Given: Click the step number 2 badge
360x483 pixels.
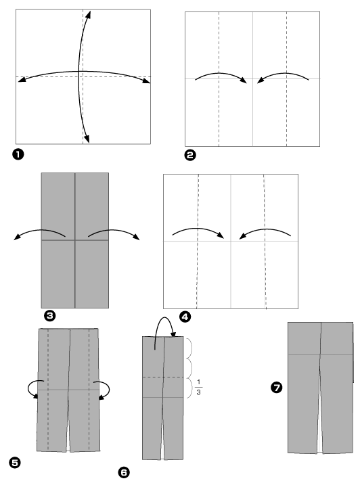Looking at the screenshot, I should tap(190, 156).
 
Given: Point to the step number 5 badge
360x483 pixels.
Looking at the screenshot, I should tap(14, 463).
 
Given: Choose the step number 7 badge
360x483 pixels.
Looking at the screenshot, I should tap(276, 388).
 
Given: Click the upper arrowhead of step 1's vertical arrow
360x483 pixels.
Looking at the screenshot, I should tap(91, 14).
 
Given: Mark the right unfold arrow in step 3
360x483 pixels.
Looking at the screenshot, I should tap(112, 232).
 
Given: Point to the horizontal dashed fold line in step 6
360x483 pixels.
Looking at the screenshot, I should tap(163, 377).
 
